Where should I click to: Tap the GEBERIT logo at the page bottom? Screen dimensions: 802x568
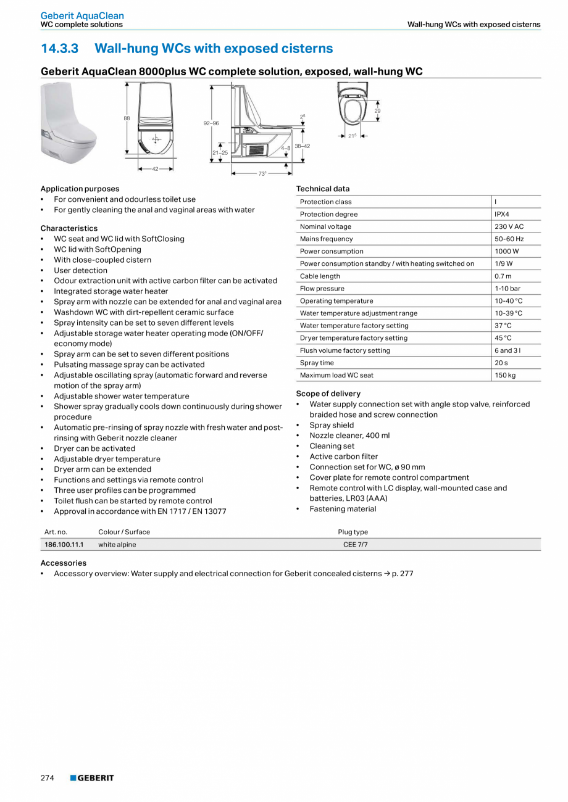click(x=92, y=778)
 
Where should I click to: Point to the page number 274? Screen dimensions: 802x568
click(x=48, y=778)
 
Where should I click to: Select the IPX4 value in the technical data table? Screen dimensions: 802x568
click(x=502, y=214)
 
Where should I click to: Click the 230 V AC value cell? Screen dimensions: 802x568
click(x=509, y=226)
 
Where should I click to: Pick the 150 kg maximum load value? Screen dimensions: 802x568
click(x=505, y=375)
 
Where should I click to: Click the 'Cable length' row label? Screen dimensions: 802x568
click(x=320, y=276)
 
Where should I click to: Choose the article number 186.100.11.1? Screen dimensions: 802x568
click(x=64, y=545)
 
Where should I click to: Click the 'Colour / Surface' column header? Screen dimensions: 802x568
click(x=124, y=532)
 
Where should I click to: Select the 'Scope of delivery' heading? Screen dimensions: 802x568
click(x=328, y=394)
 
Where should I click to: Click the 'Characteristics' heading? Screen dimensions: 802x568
click(x=69, y=228)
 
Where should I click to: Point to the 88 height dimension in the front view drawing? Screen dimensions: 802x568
click(x=127, y=118)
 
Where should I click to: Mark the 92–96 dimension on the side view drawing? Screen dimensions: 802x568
click(x=211, y=123)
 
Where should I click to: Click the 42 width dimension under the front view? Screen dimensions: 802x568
click(x=156, y=168)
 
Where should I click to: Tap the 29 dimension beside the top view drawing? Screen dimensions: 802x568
click(x=377, y=110)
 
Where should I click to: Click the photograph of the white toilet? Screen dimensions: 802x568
click(x=68, y=123)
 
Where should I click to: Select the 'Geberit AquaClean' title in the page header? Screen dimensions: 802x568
click(x=82, y=15)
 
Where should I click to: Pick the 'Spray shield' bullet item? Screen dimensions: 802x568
click(x=332, y=425)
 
